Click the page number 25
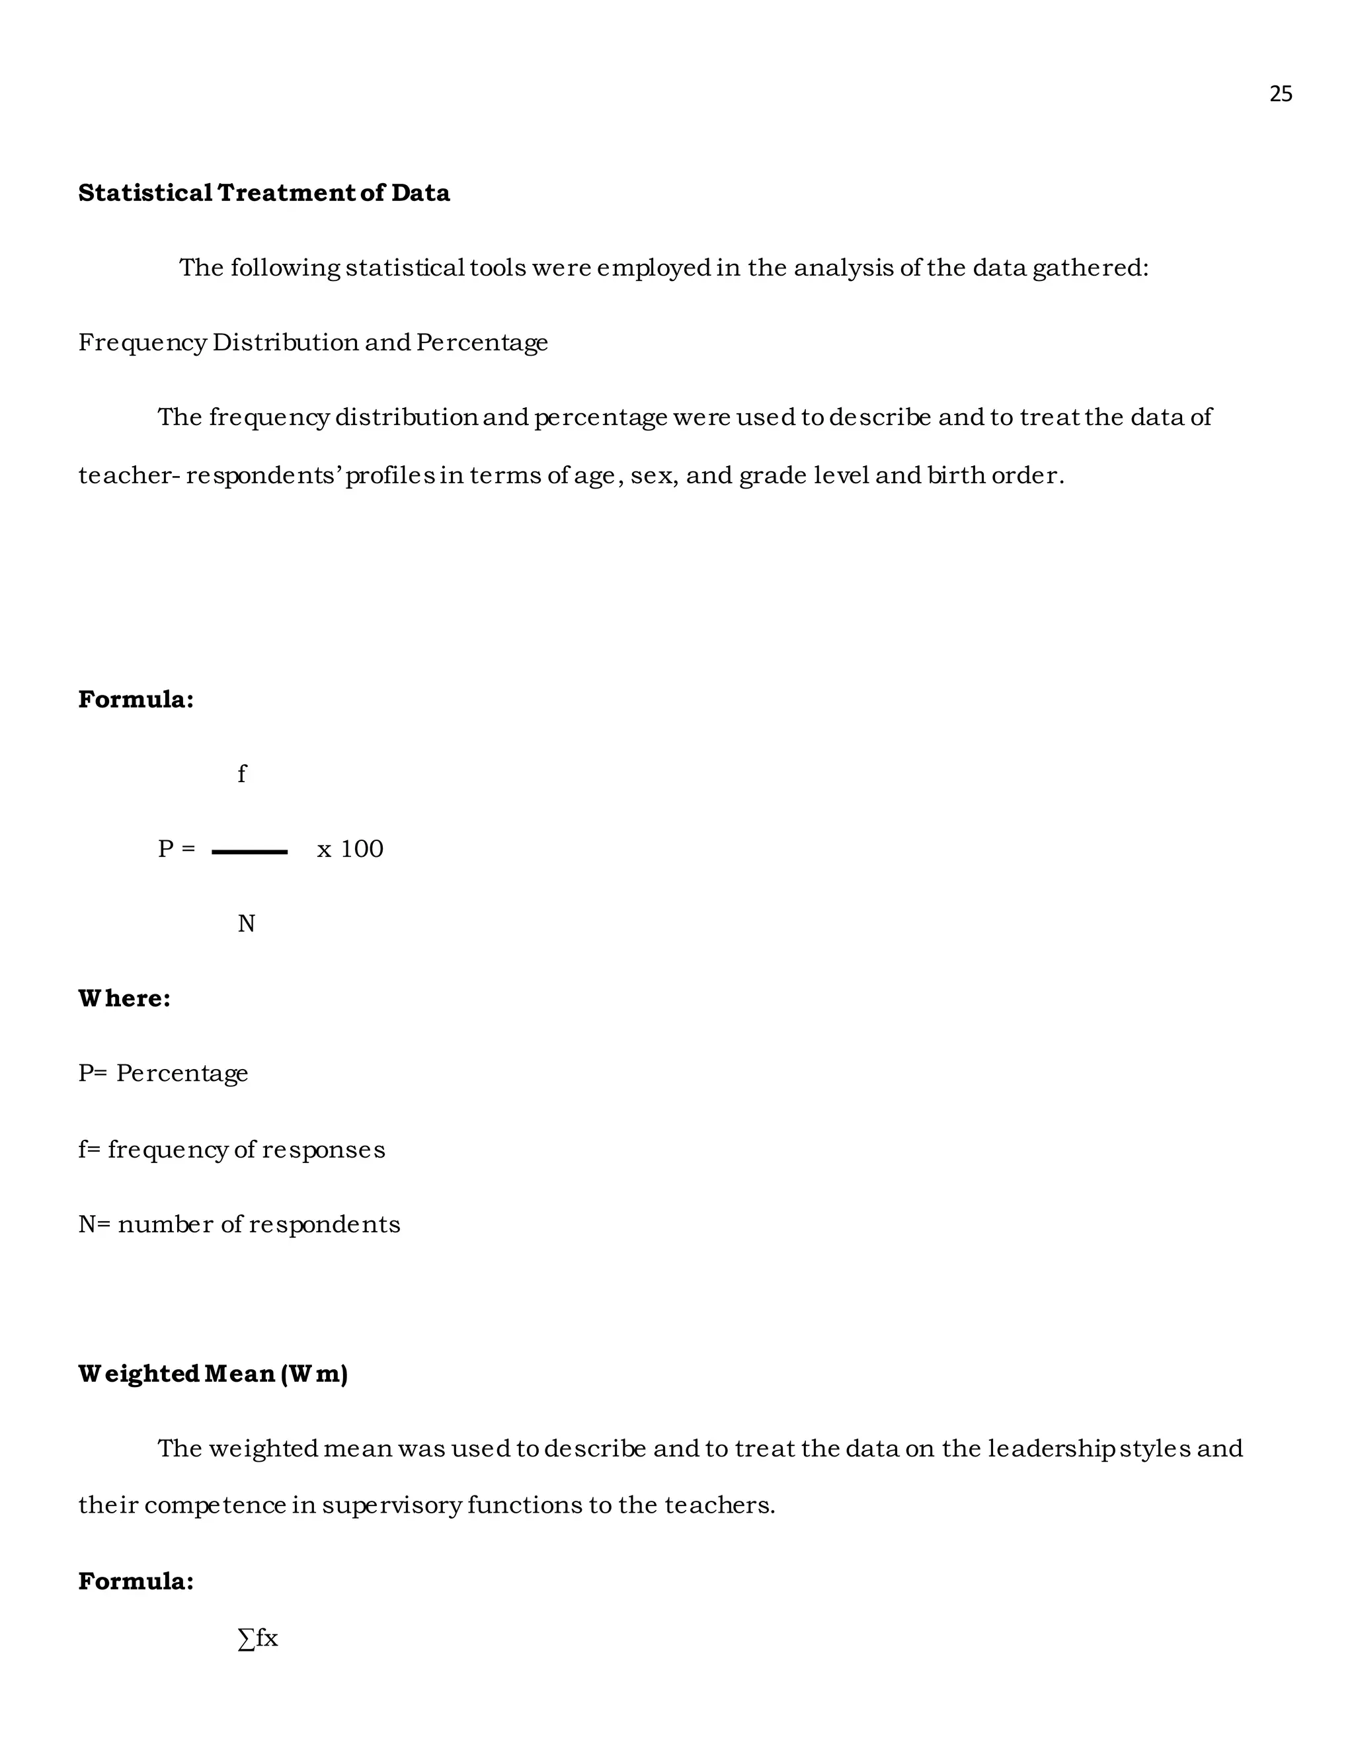[1280, 95]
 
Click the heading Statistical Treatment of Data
[264, 193]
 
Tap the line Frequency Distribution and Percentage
[313, 342]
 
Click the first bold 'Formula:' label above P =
[136, 699]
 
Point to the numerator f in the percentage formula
[241, 774]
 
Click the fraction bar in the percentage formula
[249, 852]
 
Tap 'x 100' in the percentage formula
[350, 849]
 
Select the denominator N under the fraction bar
[245, 924]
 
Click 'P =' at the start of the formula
[177, 849]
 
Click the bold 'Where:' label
[124, 999]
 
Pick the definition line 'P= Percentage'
[163, 1073]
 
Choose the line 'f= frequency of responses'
[231, 1150]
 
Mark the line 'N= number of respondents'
[239, 1224]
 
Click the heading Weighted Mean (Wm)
[213, 1374]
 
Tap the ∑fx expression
[257, 1638]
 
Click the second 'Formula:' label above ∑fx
[136, 1581]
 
